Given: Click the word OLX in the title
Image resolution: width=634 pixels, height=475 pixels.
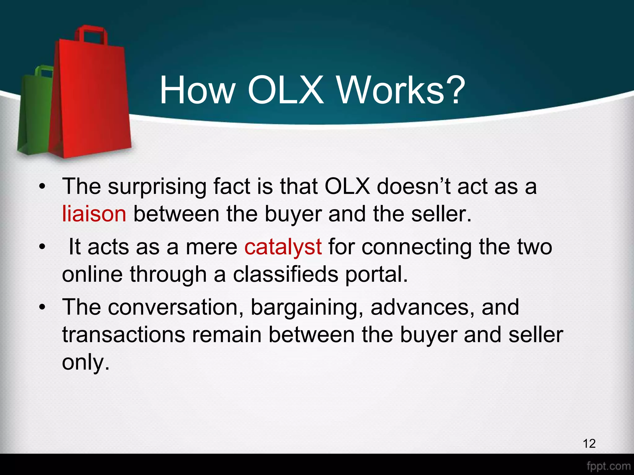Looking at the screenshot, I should pyautogui.click(x=285, y=90).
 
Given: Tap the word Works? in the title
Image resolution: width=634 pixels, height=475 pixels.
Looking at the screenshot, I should pyautogui.click(x=401, y=90).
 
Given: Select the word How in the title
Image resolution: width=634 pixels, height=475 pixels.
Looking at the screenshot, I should pyautogui.click(x=197, y=90).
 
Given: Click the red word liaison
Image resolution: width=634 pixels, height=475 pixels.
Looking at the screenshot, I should pyautogui.click(x=94, y=214).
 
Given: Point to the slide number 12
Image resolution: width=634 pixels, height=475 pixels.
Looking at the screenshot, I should pyautogui.click(x=589, y=443).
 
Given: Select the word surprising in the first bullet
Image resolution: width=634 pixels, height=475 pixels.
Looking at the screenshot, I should pyautogui.click(x=157, y=187).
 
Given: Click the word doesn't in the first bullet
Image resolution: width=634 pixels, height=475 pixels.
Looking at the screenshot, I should pyautogui.click(x=414, y=187).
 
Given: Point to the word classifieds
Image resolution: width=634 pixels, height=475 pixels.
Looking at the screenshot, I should pyautogui.click(x=285, y=275).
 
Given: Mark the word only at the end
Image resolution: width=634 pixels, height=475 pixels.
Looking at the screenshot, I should pyautogui.click(x=86, y=362).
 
